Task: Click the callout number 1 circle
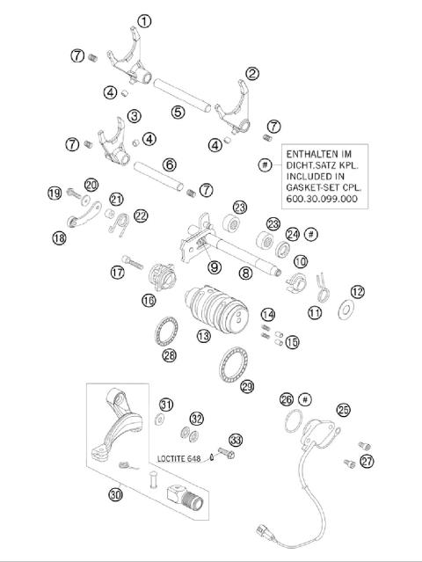[145, 21]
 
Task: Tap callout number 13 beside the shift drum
[204, 336]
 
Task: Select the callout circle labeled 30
[115, 495]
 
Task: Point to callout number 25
[343, 409]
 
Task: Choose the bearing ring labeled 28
[164, 333]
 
